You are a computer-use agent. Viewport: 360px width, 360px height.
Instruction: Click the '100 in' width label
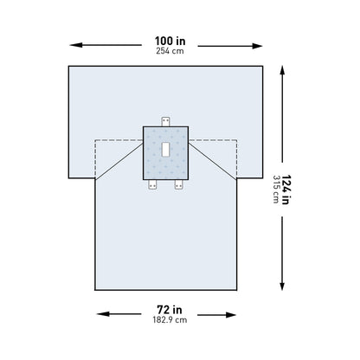(167, 41)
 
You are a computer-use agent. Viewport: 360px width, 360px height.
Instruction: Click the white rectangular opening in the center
(165, 150)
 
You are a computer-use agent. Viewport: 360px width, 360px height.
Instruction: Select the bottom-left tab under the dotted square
(152, 184)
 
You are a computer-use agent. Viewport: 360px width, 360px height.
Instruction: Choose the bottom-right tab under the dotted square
(179, 184)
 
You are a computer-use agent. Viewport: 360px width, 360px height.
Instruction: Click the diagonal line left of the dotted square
(118, 161)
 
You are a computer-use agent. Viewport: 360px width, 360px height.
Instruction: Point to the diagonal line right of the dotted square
(213, 161)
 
